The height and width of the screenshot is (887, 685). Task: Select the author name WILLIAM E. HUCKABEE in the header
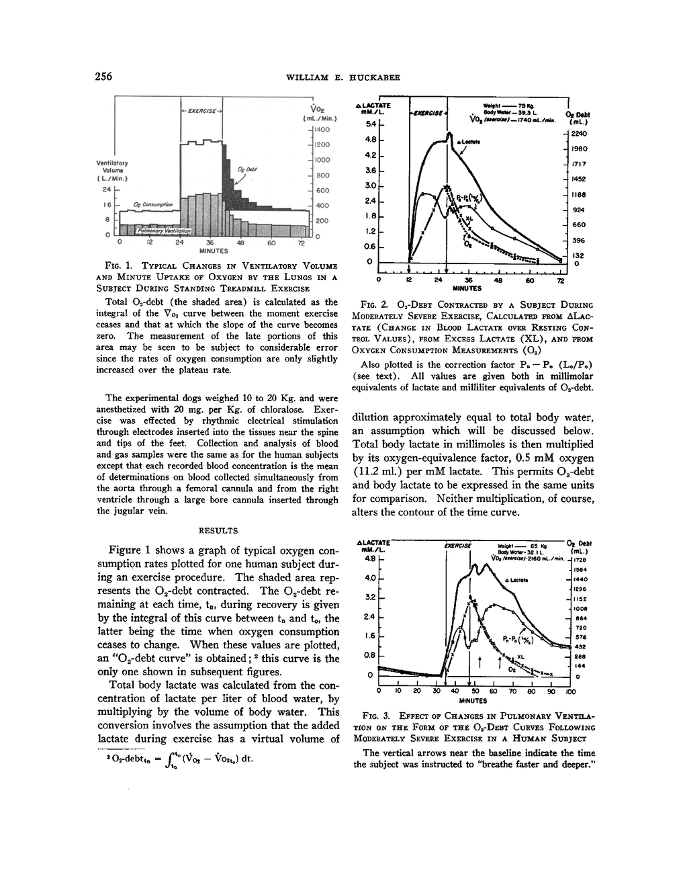pos(343,77)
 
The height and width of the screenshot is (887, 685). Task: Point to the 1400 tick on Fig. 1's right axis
pos(322,128)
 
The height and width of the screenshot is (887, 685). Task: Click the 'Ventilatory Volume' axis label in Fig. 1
pos(113,171)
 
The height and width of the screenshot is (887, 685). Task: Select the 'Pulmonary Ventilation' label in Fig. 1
pos(164,230)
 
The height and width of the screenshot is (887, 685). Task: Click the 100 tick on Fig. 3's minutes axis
pos(570,691)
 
